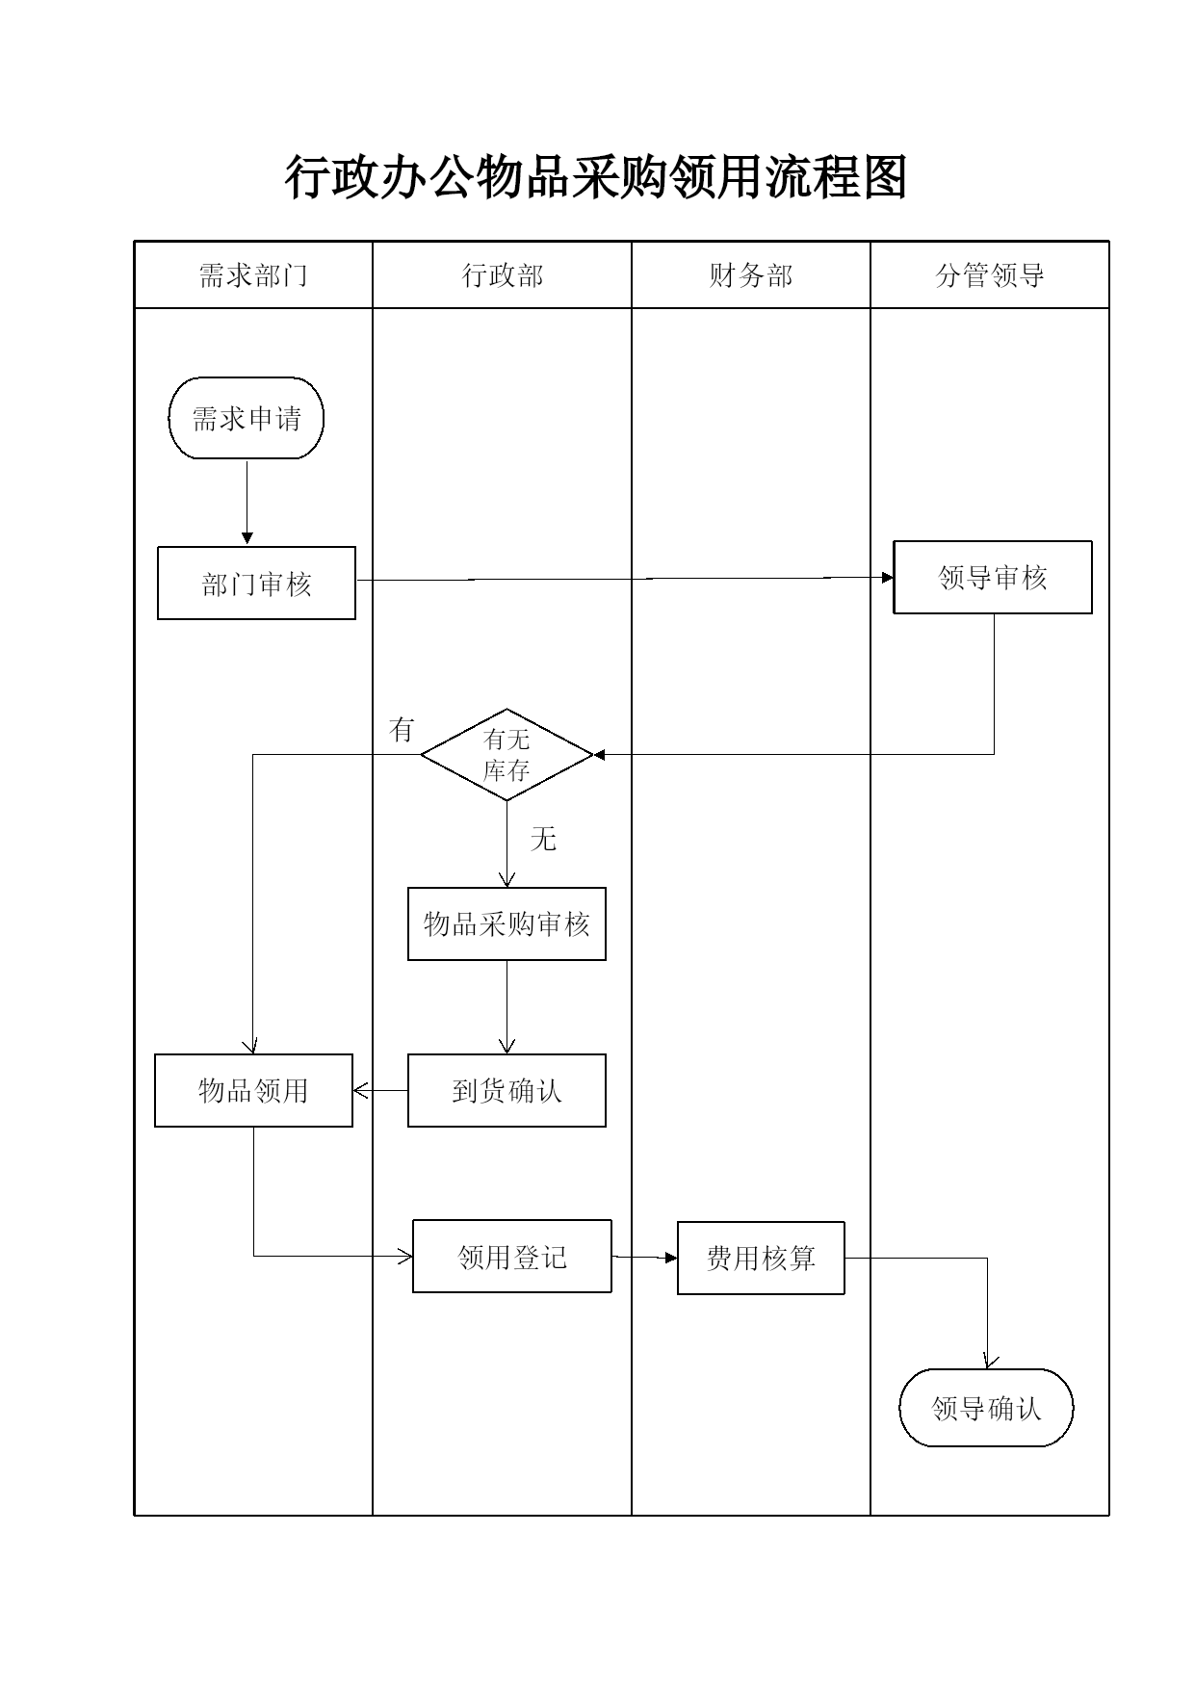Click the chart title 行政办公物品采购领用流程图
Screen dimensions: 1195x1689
(x=596, y=178)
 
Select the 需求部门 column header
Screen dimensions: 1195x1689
(x=253, y=275)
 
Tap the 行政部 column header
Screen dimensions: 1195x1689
(x=503, y=275)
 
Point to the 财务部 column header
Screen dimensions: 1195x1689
(x=751, y=275)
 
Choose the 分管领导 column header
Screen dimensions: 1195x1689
(x=990, y=275)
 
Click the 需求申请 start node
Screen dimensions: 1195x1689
(x=247, y=418)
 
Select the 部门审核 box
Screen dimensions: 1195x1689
(x=256, y=584)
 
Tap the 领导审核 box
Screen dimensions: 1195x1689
(x=993, y=578)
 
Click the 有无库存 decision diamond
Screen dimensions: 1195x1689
(x=507, y=755)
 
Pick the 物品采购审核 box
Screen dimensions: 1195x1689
(x=507, y=924)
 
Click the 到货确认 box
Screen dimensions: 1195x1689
(x=507, y=1091)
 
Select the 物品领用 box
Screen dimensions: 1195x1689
(x=253, y=1091)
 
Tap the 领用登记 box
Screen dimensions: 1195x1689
(x=512, y=1257)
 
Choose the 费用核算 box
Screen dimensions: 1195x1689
(x=761, y=1258)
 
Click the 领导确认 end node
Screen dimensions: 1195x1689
(x=986, y=1408)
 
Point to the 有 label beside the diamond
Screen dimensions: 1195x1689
(x=402, y=730)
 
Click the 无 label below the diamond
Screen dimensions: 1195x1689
(x=543, y=840)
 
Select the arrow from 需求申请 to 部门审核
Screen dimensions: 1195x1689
(x=247, y=503)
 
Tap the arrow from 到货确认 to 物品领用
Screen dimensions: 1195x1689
(x=380, y=1091)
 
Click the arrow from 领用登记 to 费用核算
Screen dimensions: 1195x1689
(x=645, y=1257)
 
